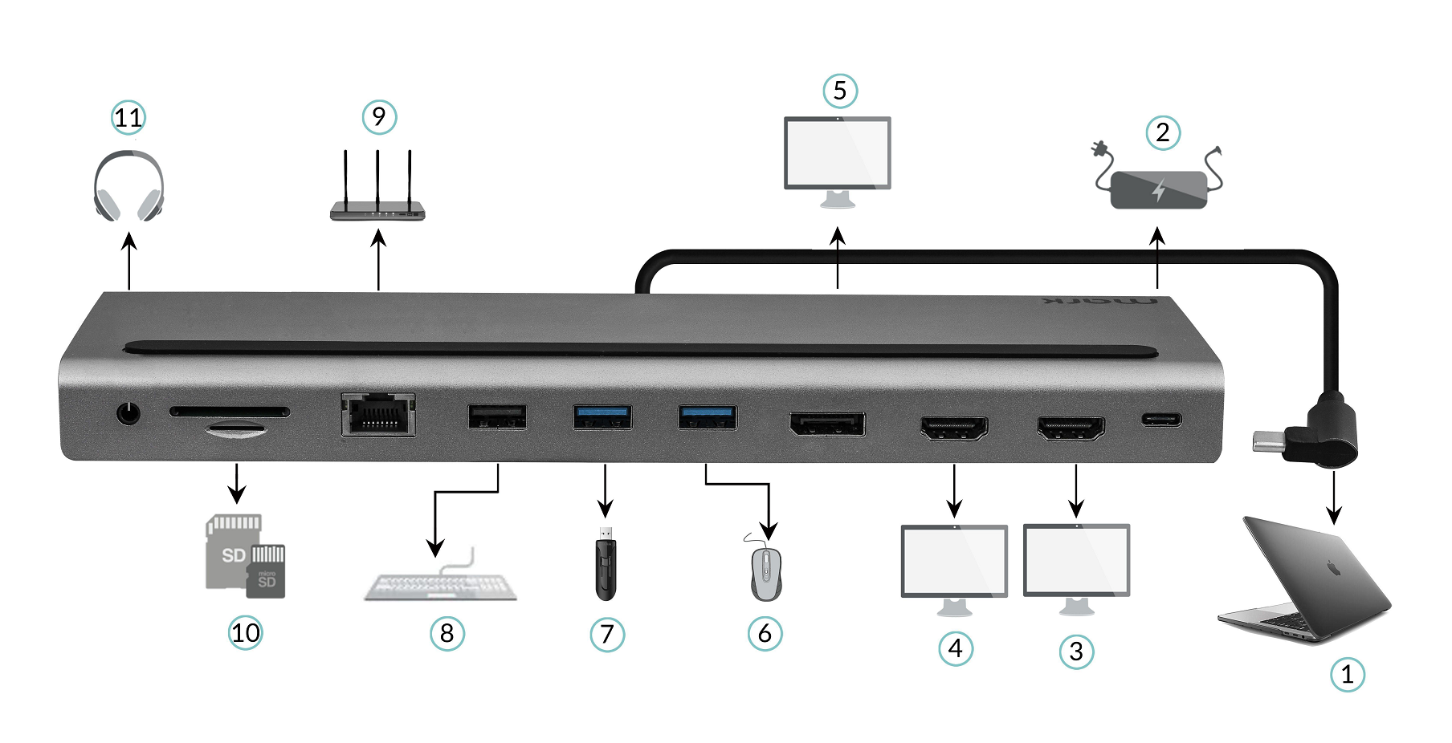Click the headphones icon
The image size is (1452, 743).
pos(128,187)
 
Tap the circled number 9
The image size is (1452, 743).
pos(379,118)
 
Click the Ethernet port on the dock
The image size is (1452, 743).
pos(378,414)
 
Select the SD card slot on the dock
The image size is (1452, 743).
pos(230,412)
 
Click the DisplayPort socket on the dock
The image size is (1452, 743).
pos(827,424)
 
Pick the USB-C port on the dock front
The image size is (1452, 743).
pos(1161,419)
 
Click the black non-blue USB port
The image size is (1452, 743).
pos(497,416)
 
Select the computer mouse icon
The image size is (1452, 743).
pos(766,573)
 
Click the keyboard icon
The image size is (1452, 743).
pos(440,586)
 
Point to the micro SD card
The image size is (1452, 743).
pos(267,571)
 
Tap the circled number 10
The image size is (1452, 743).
pos(245,633)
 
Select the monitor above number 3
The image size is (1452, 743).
pos(1076,561)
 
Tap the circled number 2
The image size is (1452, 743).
pos(1163,133)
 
